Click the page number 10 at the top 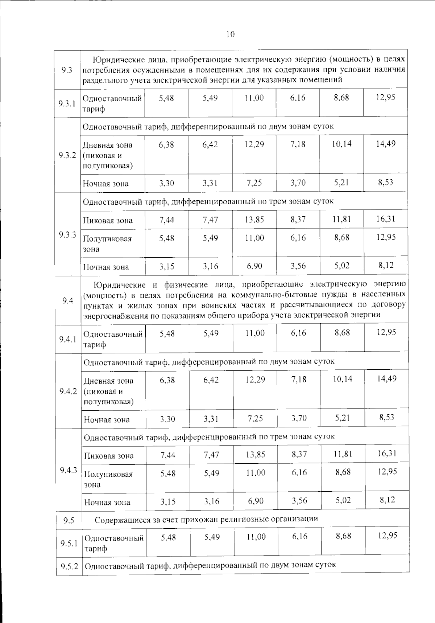tap(230, 34)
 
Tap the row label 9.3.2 tap(67, 155)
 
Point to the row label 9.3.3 tap(67, 234)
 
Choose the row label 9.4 tap(68, 300)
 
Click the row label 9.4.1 tap(68, 339)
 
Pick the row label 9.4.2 tap(68, 391)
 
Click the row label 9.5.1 tap(69, 543)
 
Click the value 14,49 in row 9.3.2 tap(385, 144)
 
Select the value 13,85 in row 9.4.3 tap(256, 454)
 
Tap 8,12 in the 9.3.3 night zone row tap(386, 265)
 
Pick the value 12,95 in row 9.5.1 tap(387, 536)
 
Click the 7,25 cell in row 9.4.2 tap(255, 418)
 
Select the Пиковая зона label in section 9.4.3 tap(109, 456)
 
